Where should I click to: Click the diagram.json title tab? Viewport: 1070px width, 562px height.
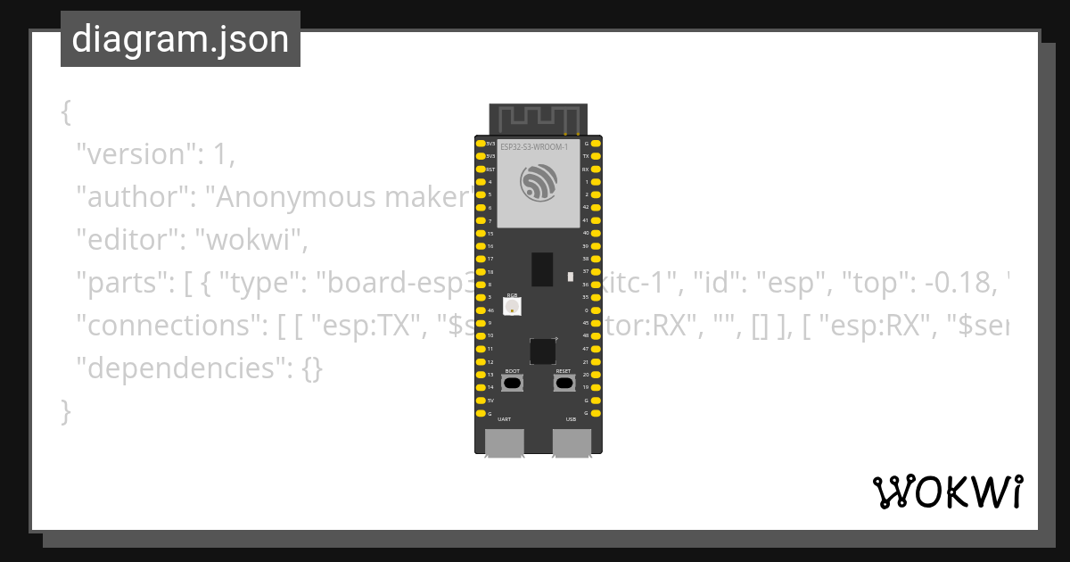click(180, 39)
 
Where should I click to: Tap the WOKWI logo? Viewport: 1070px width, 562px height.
click(947, 492)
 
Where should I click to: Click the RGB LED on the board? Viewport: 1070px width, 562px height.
click(512, 307)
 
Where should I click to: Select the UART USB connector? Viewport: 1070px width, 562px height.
click(505, 442)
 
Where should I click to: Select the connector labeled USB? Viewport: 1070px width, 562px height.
click(572, 442)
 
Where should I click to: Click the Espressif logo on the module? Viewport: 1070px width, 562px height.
click(539, 183)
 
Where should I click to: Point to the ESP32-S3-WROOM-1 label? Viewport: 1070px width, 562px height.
click(534, 146)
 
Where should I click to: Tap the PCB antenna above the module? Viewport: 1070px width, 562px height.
click(538, 117)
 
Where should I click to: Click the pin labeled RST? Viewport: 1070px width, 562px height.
click(481, 169)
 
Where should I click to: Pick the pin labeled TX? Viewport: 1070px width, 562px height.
click(596, 156)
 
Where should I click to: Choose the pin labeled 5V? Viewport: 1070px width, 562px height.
click(481, 401)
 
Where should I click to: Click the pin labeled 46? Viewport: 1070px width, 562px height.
click(481, 310)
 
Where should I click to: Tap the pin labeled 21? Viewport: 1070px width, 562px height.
click(596, 362)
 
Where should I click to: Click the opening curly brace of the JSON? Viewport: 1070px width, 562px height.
click(66, 112)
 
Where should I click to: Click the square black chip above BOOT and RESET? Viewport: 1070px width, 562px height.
click(542, 351)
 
